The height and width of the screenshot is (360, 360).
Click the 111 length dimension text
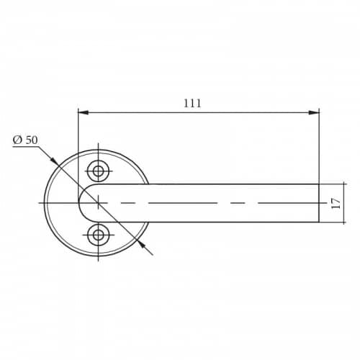coord(192,103)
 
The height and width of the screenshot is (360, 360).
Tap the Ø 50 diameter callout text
coord(25,140)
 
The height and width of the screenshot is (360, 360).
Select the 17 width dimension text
coord(336,203)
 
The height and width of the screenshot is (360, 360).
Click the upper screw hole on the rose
coord(98,171)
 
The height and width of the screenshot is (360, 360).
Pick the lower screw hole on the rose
coord(98,235)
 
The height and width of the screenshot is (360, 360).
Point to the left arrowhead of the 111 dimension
coord(84,112)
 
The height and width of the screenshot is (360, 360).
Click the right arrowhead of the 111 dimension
coord(314,112)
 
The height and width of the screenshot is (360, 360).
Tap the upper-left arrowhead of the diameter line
coord(54,161)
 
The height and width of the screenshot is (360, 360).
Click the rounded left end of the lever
coord(78,203)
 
